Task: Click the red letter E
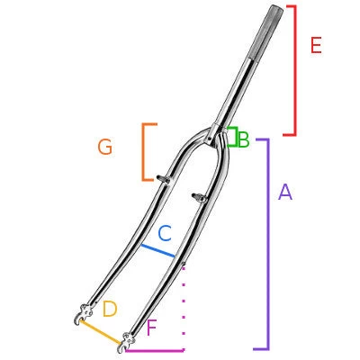(315, 46)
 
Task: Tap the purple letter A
(285, 192)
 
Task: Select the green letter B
(243, 140)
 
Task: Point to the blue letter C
(165, 234)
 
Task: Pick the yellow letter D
(110, 310)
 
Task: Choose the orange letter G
(105, 148)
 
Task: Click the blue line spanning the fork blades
(157, 250)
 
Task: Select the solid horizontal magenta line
(155, 349)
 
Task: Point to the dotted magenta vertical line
(184, 306)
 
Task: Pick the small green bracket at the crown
(232, 138)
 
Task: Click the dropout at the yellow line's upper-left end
(82, 315)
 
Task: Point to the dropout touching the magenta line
(125, 341)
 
